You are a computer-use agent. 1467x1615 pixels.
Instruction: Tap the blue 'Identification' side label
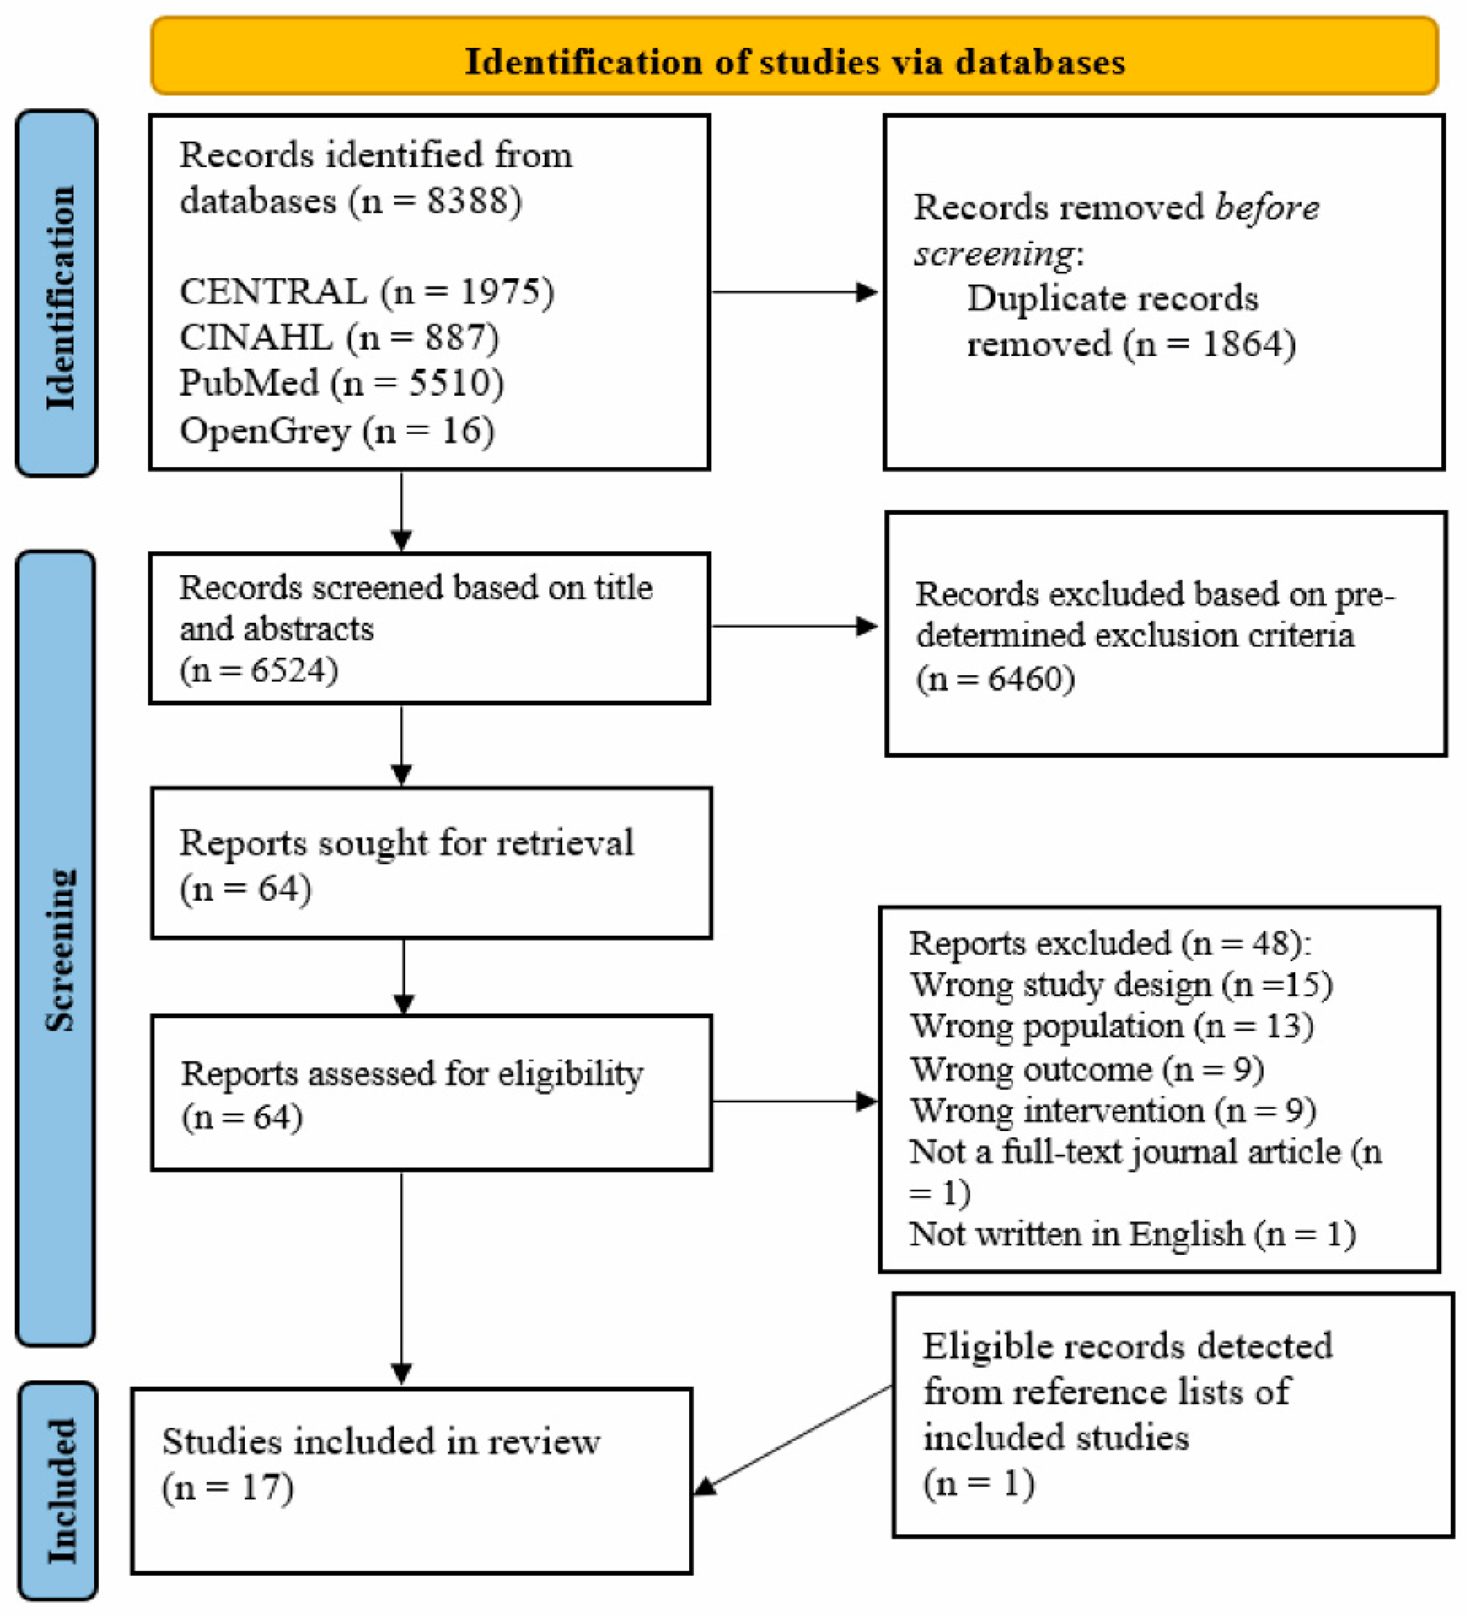(x=58, y=296)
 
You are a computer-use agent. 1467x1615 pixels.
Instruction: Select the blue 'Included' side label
(x=61, y=1491)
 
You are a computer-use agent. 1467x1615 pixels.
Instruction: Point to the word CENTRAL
(x=272, y=292)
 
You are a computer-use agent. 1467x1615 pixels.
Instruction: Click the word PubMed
(x=248, y=383)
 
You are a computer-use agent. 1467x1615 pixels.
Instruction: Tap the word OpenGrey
(x=264, y=431)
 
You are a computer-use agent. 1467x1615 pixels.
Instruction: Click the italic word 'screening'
(x=994, y=254)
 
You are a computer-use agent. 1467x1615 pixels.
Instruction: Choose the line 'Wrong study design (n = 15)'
(x=1120, y=984)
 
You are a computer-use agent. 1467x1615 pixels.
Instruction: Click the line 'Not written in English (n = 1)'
(x=1132, y=1234)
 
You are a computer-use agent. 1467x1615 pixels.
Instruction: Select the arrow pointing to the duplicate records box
(x=793, y=292)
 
